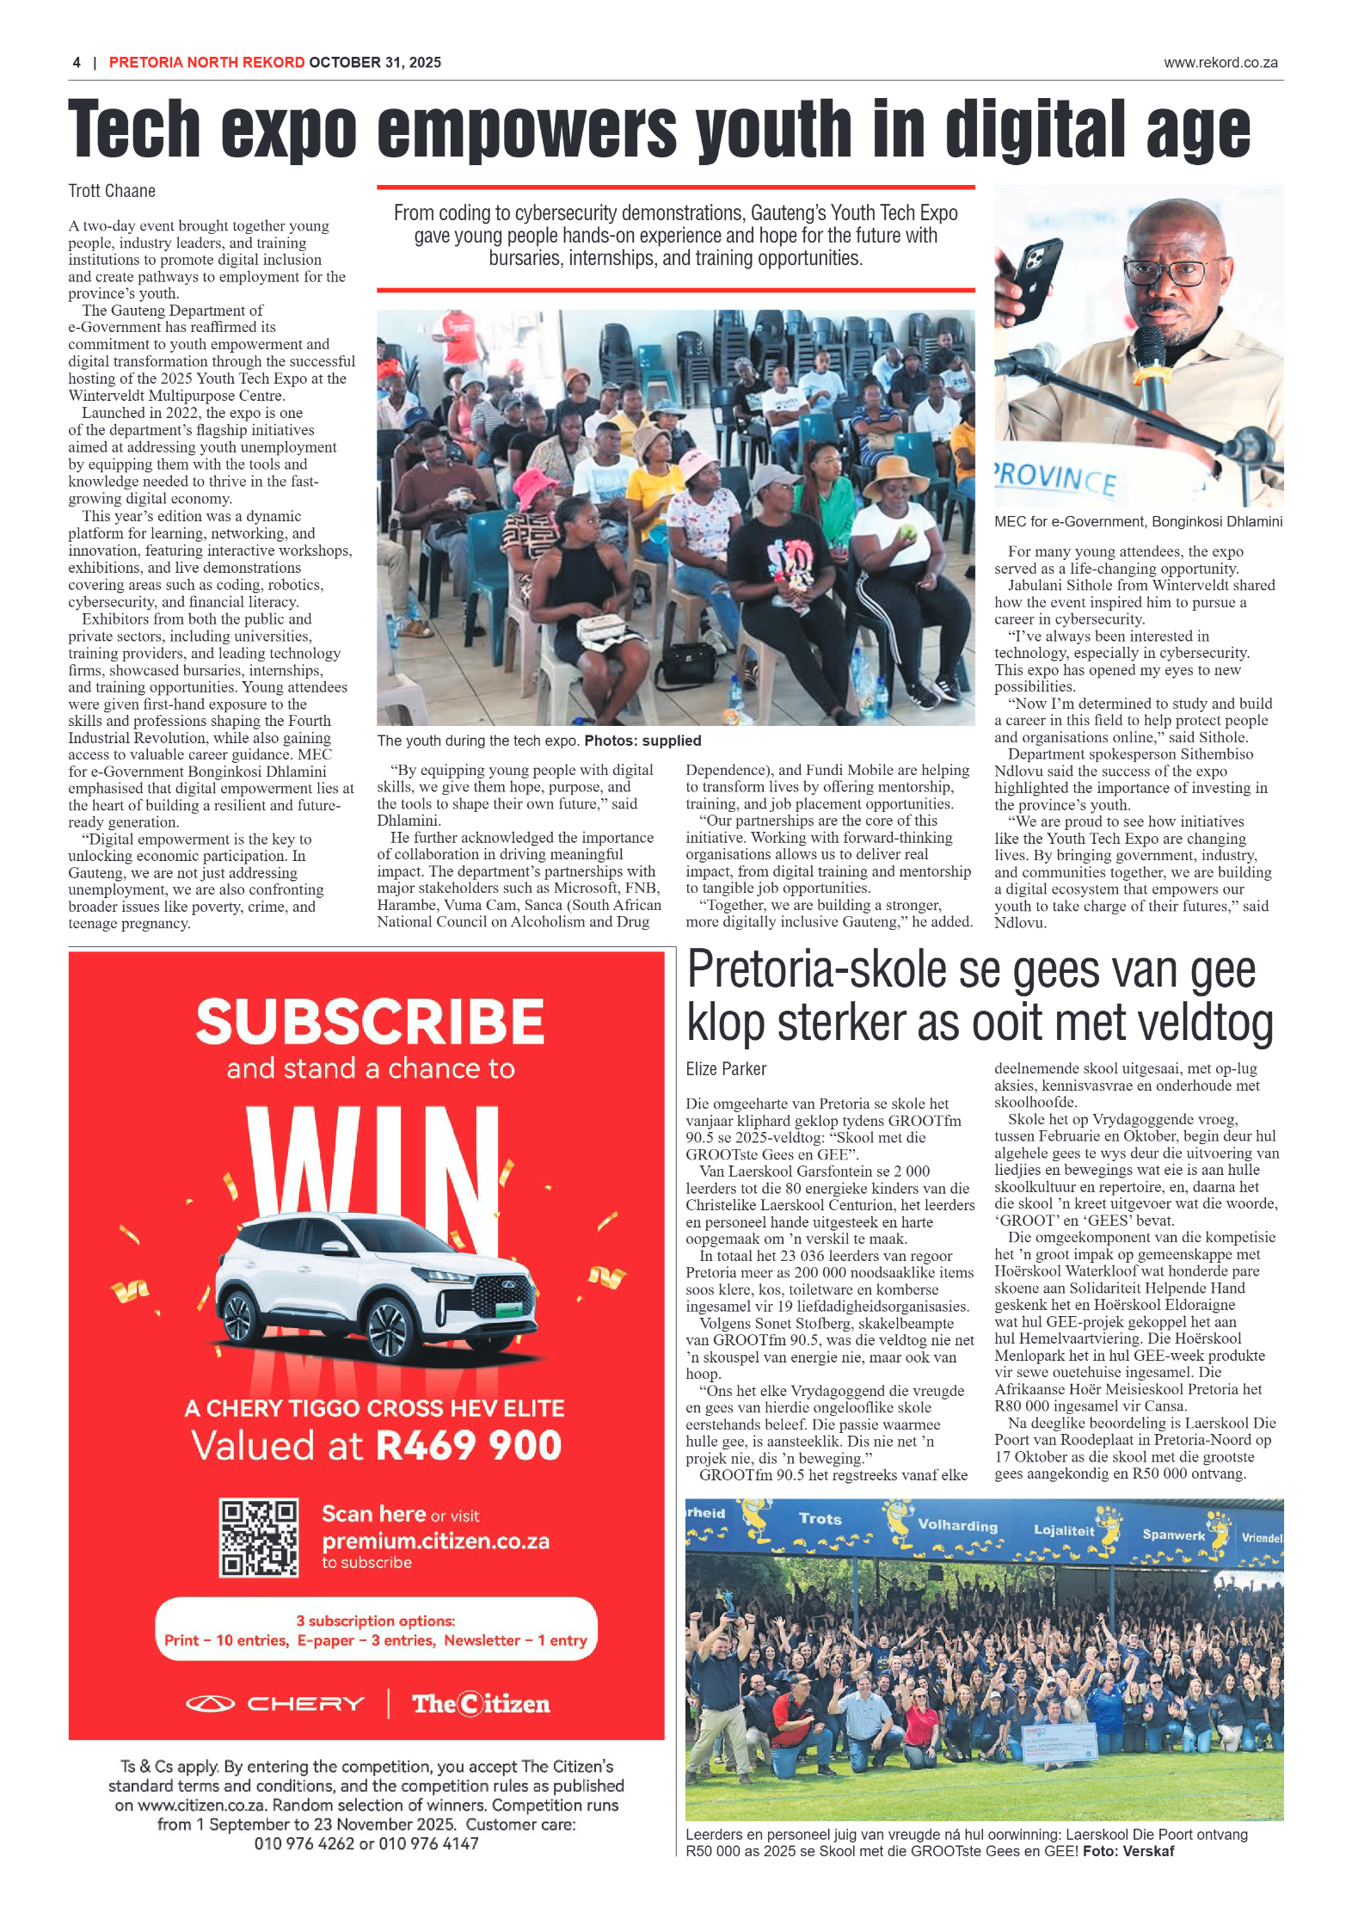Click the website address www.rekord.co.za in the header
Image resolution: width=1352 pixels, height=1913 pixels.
1220,63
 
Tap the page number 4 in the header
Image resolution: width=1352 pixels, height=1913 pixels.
77,63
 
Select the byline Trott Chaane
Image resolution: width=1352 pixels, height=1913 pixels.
112,191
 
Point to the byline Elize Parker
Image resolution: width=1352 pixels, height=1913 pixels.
725,1069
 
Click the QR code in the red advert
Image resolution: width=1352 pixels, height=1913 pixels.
258,1537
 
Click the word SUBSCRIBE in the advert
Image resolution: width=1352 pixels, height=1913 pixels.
370,1022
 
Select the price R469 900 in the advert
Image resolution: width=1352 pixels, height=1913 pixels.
469,1445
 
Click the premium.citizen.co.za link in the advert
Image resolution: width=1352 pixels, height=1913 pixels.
435,1541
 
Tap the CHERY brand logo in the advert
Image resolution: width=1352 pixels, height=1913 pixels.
275,1704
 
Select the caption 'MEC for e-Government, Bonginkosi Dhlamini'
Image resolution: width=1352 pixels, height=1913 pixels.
1137,521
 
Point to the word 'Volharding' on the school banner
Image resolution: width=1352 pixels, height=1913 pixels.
956,1525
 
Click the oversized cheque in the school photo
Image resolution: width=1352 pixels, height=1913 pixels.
1060,1741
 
